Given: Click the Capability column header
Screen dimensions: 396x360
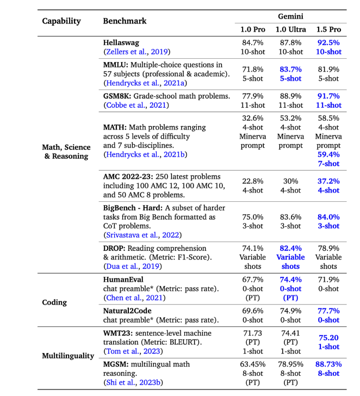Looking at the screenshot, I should pos(61,21).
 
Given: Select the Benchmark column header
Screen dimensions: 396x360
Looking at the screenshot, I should pos(125,21).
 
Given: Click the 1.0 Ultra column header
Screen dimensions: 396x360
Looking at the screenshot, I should pos(291,29).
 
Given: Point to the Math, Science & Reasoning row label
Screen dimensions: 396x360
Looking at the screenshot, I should pos(65,151).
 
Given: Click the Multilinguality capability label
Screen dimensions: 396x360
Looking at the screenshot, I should pos(68,355).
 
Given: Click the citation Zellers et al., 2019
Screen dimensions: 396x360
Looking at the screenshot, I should pos(137,52).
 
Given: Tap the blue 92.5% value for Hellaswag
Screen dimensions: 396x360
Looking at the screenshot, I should pos(328,42).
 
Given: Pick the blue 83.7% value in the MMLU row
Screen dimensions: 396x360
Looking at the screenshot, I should pos(290,70).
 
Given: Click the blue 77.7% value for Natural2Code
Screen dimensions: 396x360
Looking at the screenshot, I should pos(328,311).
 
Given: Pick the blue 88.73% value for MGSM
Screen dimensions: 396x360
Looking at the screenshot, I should pos(328,364).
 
